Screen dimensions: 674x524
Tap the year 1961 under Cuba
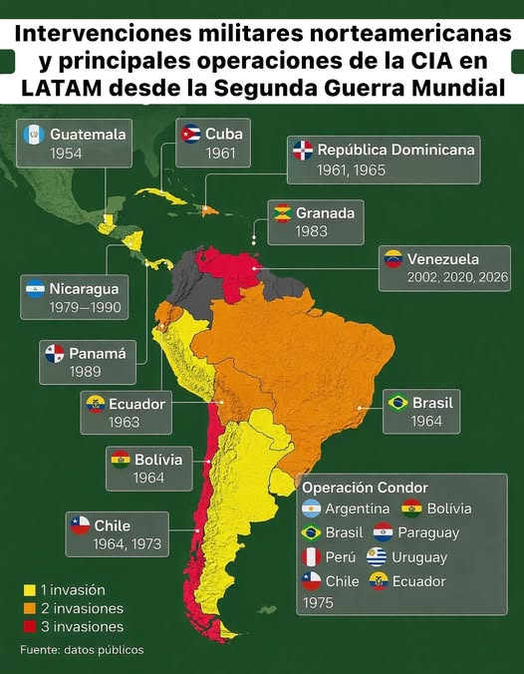pos(220,155)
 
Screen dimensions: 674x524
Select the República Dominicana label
pos(395,150)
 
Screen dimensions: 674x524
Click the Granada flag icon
pos(283,212)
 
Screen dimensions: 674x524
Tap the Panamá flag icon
pos(54,353)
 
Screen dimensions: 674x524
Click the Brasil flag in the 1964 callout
pos(397,403)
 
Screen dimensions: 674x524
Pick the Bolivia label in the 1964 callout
pos(157,460)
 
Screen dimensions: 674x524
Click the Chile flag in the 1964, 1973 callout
pos(80,525)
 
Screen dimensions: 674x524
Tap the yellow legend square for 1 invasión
pos(28,590)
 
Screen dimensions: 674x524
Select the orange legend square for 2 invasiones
pos(28,608)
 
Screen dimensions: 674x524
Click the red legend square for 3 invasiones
pos(28,627)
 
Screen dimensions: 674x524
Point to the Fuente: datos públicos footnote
pos(82,650)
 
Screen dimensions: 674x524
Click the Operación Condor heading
pos(365,488)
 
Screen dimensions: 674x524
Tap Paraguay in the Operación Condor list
pos(430,532)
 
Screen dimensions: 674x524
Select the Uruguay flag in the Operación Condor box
pos(377,557)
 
